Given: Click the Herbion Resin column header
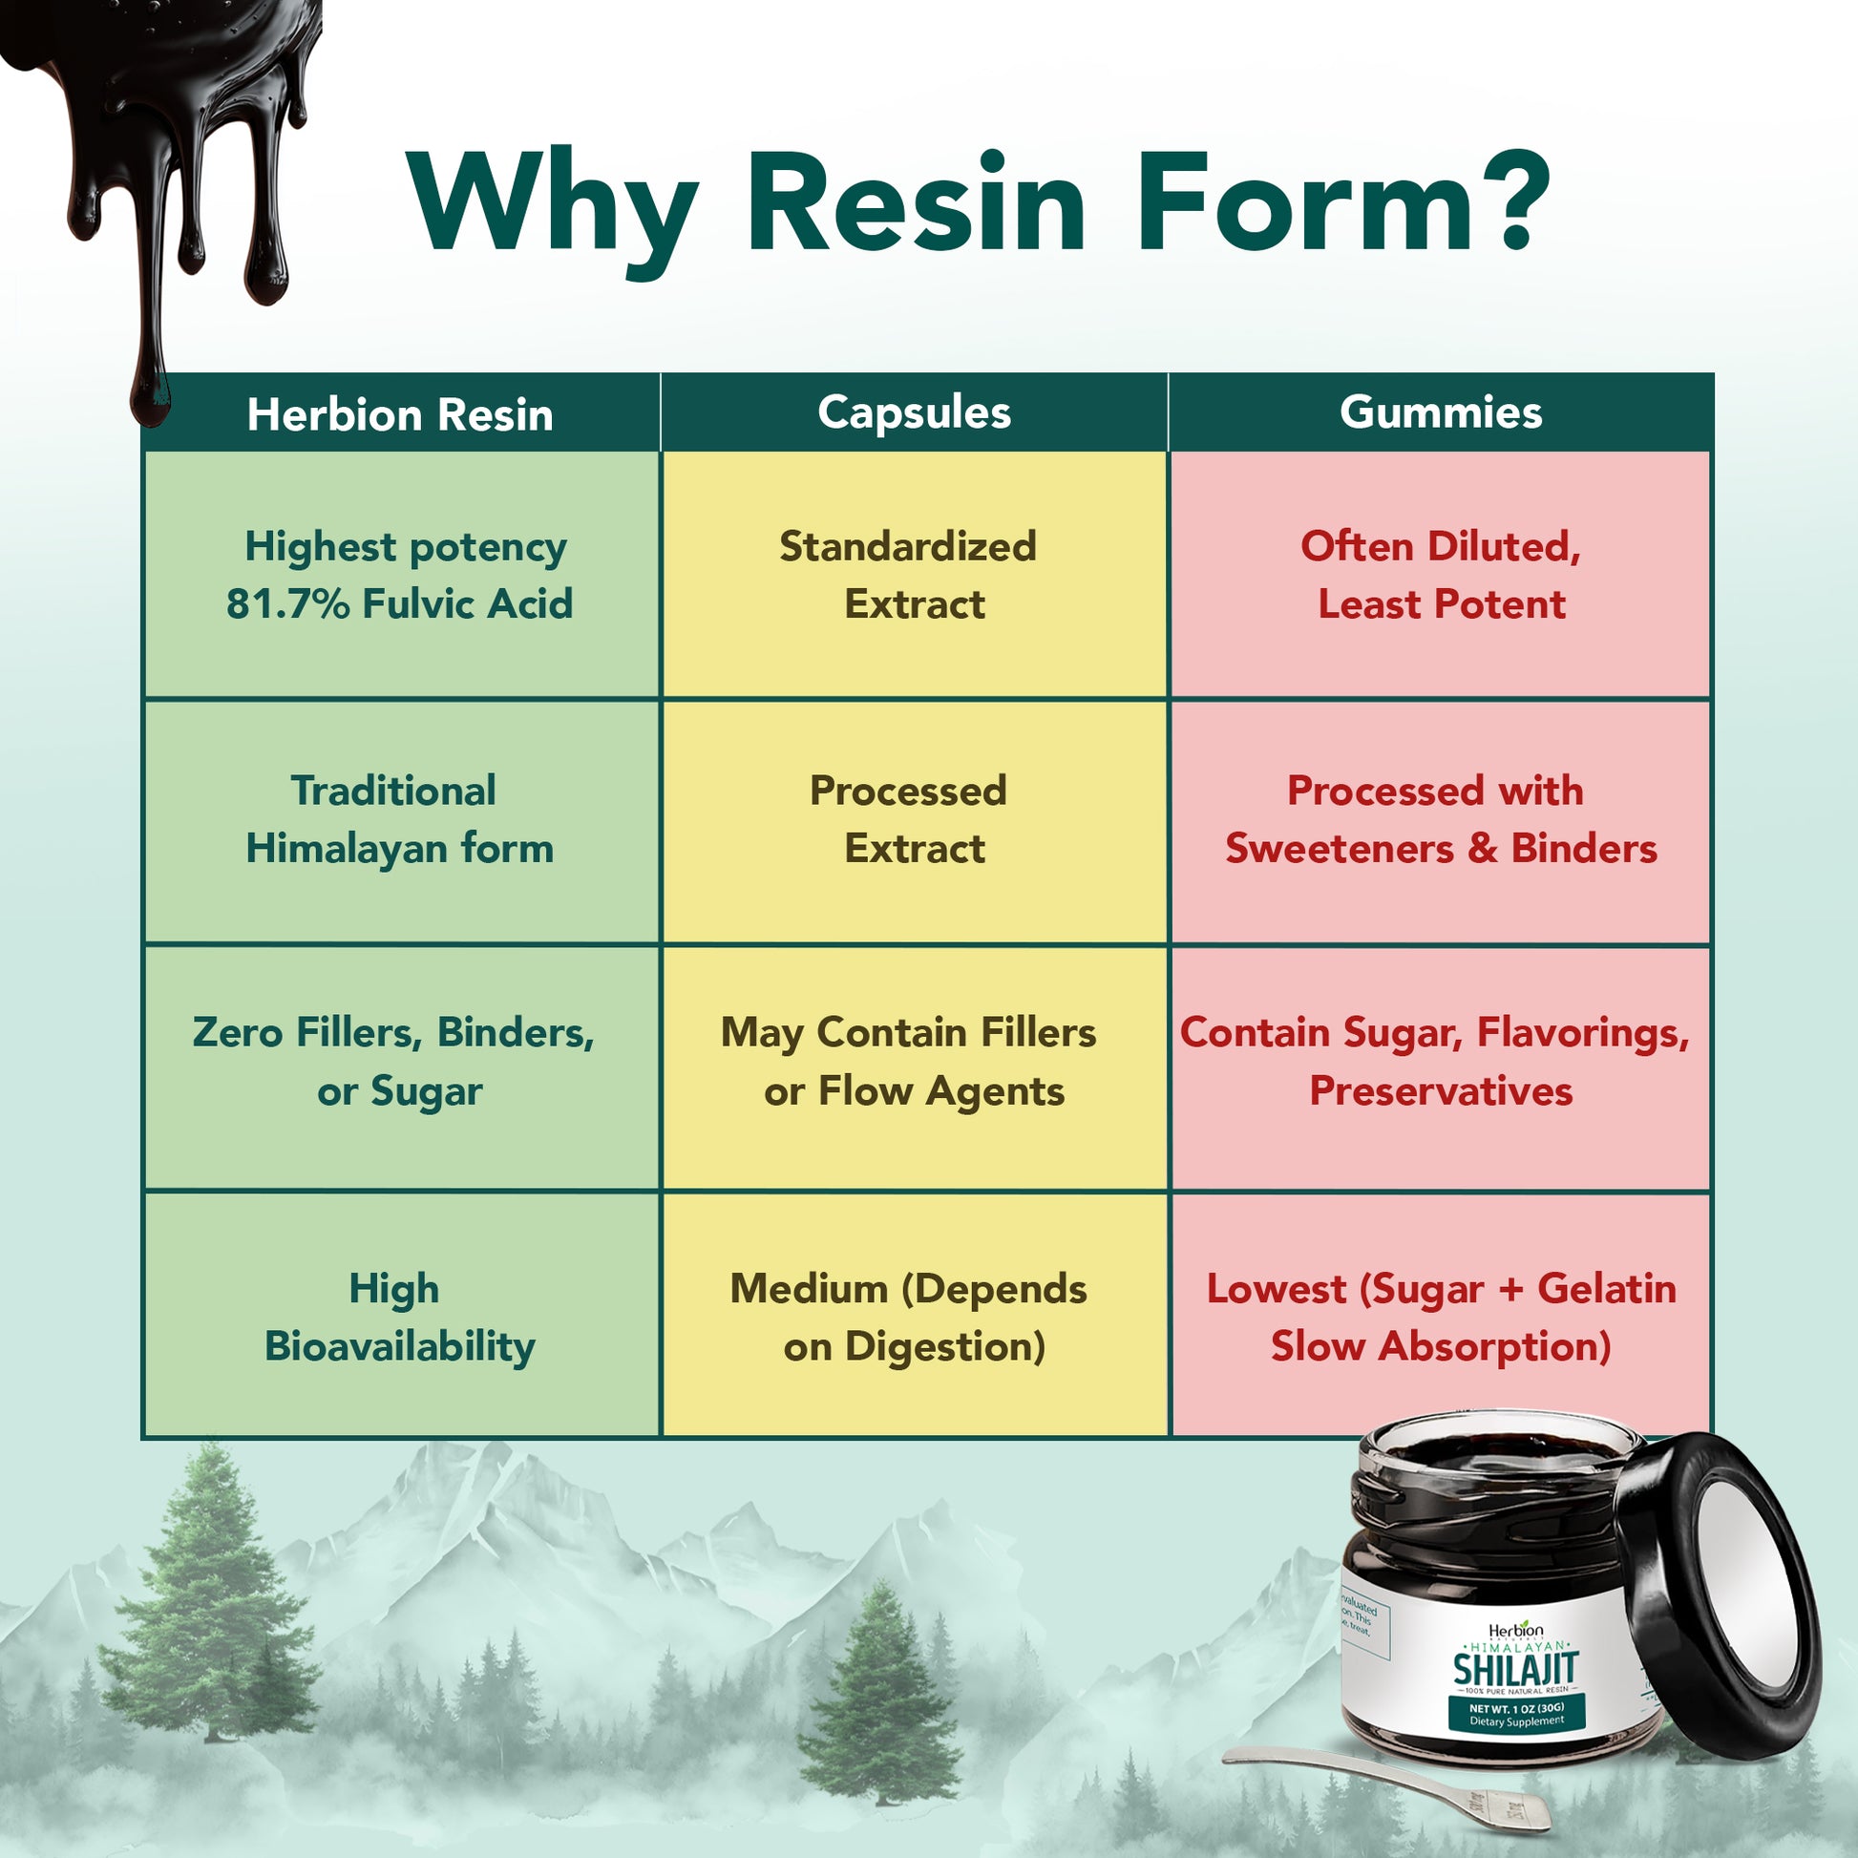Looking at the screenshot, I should coord(400,414).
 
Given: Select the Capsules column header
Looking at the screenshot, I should coord(914,412).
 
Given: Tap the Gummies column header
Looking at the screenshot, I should coord(1441,412).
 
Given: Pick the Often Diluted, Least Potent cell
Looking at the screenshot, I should coord(1441,575).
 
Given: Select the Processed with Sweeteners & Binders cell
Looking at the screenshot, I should coord(1440,819).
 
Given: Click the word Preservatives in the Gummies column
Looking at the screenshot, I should coord(1441,1091).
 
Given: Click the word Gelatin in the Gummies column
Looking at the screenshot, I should coord(1606,1289).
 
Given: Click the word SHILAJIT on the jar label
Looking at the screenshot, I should coord(1515,1670).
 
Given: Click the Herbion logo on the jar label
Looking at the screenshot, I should coord(1515,1630).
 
